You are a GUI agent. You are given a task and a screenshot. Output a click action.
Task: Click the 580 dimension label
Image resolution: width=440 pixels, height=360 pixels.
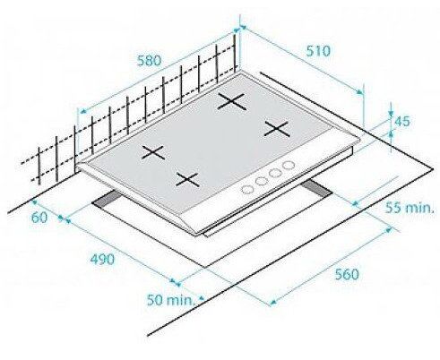coord(149,61)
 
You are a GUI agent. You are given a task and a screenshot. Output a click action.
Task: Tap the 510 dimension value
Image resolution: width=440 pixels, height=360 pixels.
coord(318,51)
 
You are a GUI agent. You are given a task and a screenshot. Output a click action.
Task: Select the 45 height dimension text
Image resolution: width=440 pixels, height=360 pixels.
coord(402,121)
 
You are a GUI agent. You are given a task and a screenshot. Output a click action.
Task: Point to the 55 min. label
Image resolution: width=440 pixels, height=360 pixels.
coord(409,208)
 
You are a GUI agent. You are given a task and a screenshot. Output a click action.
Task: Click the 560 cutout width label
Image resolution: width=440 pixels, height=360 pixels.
coord(347,274)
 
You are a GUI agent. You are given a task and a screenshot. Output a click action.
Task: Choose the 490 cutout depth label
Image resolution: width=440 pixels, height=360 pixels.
coord(102,259)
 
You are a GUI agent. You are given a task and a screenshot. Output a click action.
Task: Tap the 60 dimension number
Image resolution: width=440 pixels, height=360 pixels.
coord(39,218)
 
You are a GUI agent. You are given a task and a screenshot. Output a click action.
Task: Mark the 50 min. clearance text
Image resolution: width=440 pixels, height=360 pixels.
coord(170,300)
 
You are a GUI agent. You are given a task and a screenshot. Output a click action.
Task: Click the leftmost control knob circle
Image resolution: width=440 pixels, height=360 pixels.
coord(247,189)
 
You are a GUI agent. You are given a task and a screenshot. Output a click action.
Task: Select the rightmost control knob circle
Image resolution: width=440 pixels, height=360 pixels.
coord(289,165)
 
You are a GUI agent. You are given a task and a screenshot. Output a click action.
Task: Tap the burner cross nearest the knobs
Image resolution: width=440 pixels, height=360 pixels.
coord(187,180)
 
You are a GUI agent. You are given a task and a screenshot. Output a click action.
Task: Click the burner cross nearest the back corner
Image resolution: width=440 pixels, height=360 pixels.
coord(232,101)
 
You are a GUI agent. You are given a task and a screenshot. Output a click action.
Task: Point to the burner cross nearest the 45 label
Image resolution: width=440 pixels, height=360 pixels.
coord(277,129)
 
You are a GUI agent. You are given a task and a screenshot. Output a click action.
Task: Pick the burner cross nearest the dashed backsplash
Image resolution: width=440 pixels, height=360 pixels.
coord(153,152)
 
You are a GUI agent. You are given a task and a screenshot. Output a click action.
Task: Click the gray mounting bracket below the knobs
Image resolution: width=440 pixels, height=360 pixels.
coord(316,190)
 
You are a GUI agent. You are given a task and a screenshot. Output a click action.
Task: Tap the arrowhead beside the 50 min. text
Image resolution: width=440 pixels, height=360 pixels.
coord(203,297)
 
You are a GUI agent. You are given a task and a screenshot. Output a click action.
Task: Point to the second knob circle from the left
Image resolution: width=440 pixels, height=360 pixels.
coord(262,181)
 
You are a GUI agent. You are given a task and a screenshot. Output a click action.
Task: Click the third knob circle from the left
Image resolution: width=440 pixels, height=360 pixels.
coord(275,173)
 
